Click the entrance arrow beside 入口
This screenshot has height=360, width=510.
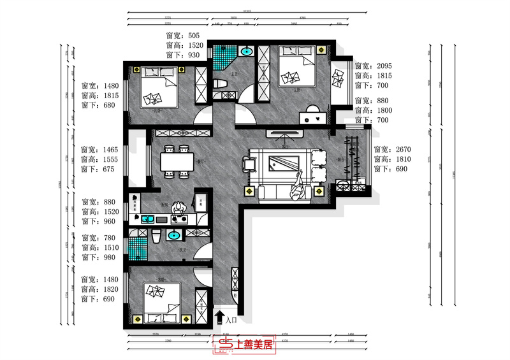click(x=220, y=316)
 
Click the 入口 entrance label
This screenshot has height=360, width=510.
click(x=231, y=320)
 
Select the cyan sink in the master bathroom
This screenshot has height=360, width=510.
click(x=245, y=52)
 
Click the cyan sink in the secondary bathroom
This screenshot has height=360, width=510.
click(x=173, y=236)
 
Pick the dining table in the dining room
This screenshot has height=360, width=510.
click(x=177, y=162)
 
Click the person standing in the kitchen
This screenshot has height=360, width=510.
click(x=180, y=208)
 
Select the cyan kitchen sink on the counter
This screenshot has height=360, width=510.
click(x=146, y=220)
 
